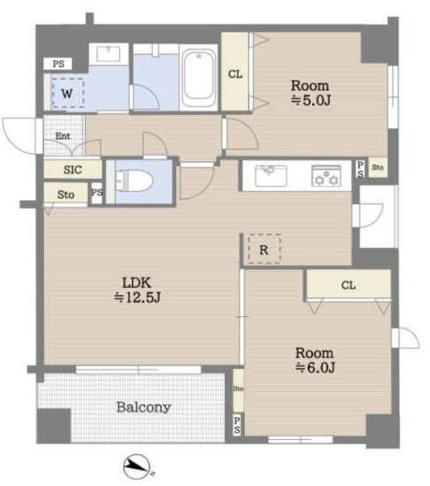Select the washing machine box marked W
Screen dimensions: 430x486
68,93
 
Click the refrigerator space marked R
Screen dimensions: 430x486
265,250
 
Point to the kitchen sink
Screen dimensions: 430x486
271,175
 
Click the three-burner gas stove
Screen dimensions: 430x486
326,176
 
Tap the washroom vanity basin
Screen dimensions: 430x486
109,54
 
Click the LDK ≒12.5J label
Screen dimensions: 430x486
137,290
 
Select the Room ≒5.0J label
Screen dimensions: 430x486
311,93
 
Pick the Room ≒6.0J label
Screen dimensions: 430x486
315,360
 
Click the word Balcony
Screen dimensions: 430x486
143,407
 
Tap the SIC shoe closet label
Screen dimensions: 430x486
73,170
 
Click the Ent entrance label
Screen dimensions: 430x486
63,135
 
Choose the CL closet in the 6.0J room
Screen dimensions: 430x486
349,285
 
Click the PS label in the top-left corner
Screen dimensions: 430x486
58,64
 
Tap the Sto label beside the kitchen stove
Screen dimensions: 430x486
378,167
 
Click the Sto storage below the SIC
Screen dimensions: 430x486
65,195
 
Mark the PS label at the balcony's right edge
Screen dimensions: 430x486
237,425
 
